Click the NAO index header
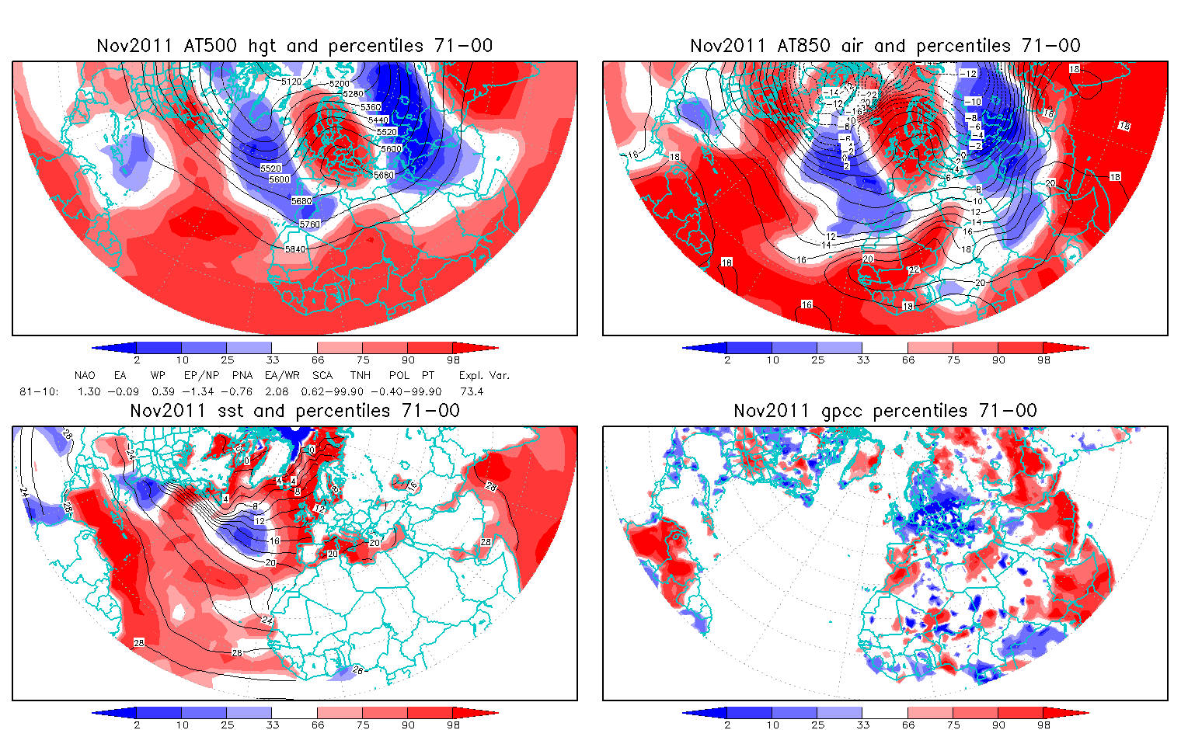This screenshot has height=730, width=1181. [85, 375]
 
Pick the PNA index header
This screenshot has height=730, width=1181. [242, 375]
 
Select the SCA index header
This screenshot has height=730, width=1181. [322, 375]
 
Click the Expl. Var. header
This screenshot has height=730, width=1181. [484, 375]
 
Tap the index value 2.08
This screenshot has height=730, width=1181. [277, 391]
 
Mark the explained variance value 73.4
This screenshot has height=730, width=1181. [472, 391]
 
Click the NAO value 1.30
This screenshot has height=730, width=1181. [89, 391]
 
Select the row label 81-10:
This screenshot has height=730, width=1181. [39, 391]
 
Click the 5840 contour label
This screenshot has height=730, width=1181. [295, 249]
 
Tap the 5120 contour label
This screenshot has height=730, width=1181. [291, 82]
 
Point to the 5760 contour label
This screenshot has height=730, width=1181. [309, 224]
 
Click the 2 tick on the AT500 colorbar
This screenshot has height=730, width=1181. [137, 360]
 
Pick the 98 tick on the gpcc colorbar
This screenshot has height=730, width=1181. [1043, 725]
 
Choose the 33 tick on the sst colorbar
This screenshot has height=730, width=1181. [271, 725]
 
